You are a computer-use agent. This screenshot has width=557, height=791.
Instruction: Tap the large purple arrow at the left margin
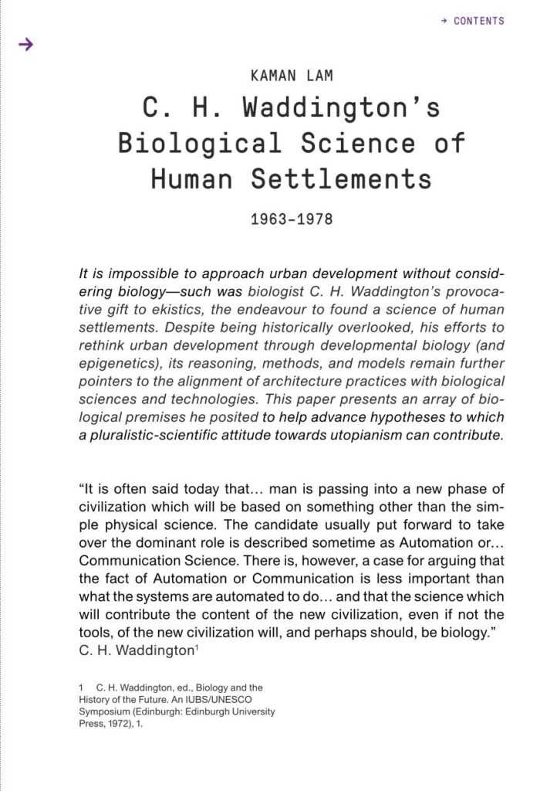[26, 45]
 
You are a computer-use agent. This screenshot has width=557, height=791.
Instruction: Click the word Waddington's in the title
[342, 108]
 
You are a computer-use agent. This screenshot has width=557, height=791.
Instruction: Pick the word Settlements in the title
[341, 179]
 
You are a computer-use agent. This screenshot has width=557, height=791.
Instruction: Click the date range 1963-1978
[292, 219]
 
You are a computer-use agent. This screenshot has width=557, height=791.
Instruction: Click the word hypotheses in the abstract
[388, 417]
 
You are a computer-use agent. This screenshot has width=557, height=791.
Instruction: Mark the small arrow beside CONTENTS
[444, 21]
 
